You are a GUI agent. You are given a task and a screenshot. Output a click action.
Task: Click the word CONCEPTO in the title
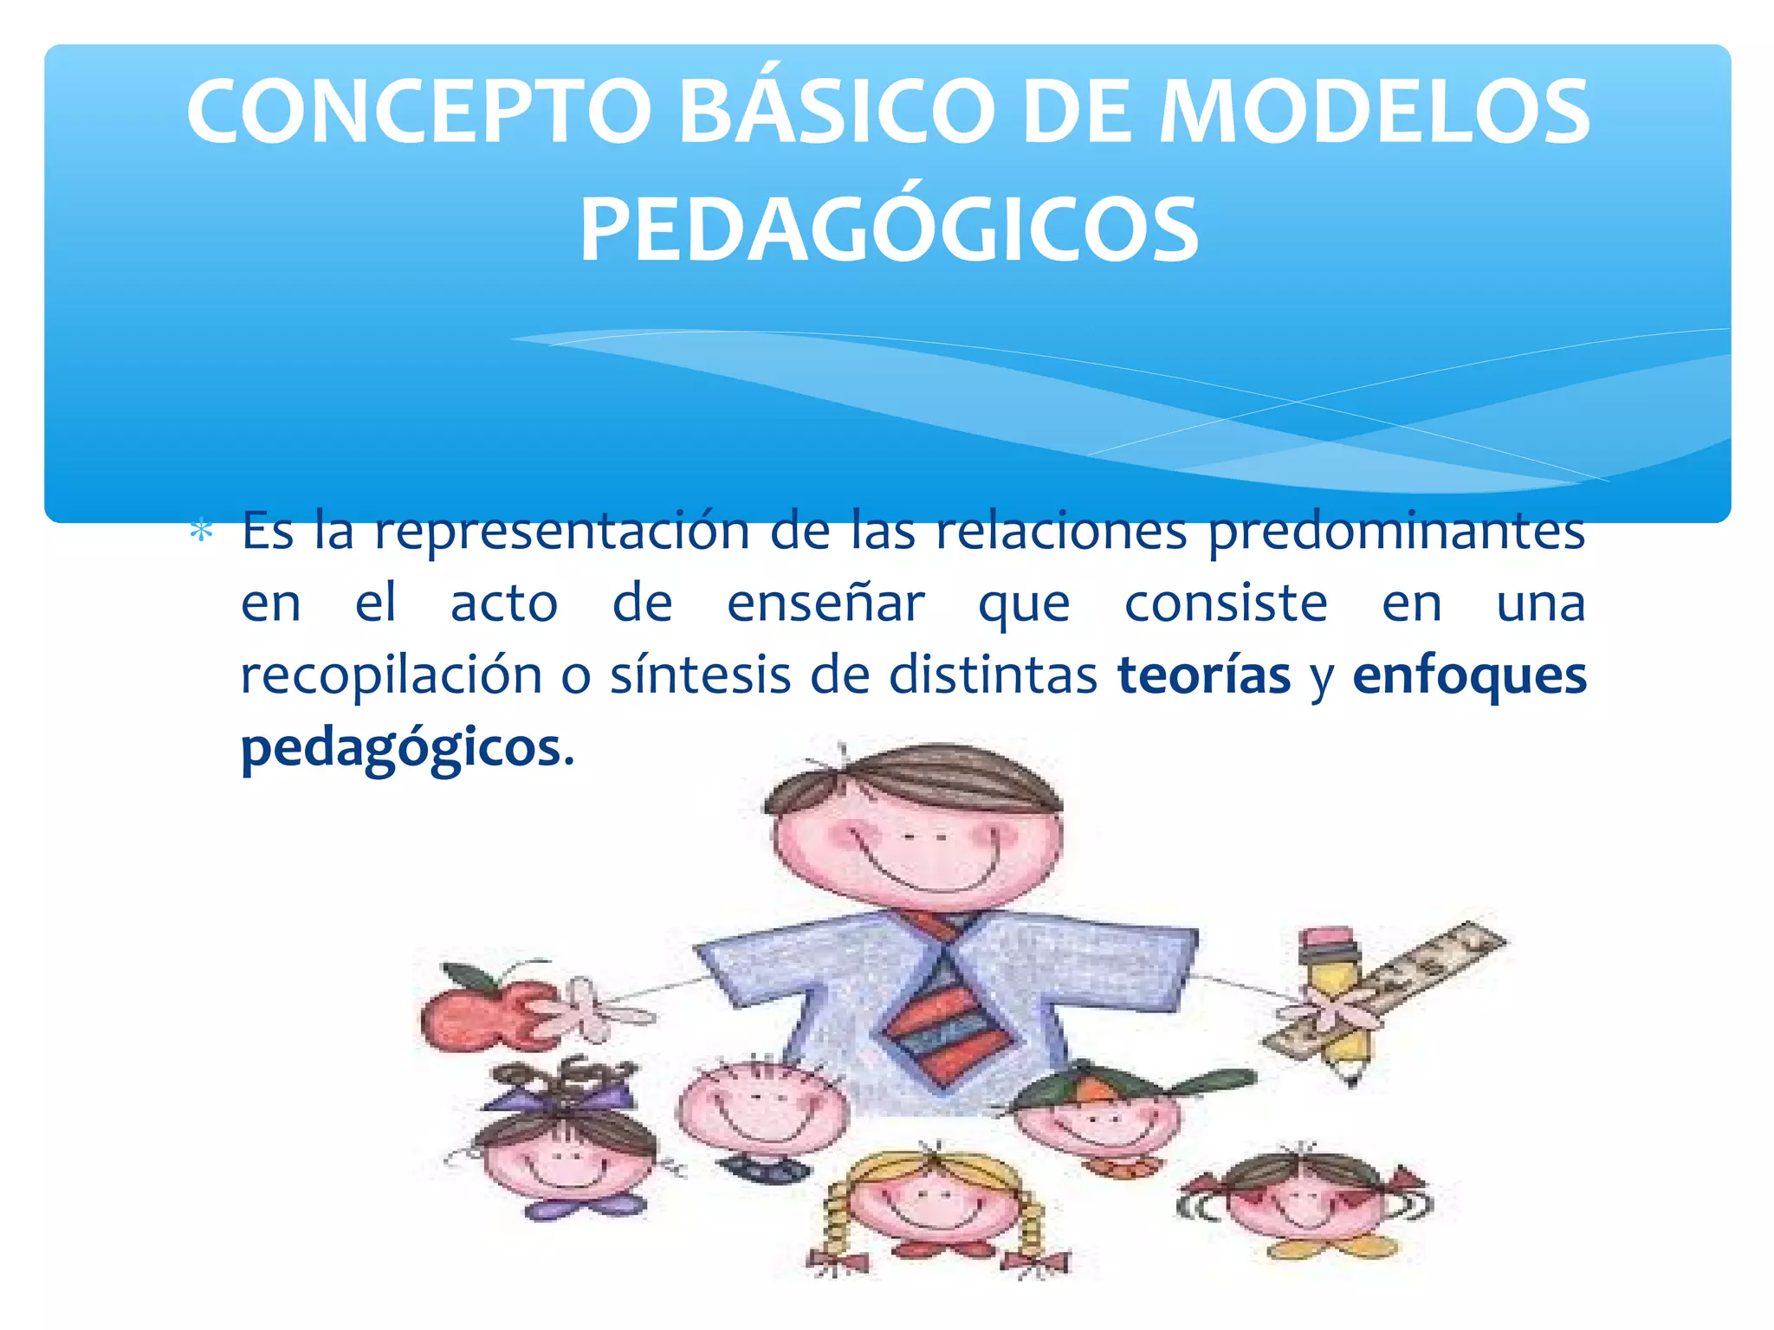point(418,113)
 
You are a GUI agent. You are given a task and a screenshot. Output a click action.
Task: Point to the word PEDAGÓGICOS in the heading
point(890,230)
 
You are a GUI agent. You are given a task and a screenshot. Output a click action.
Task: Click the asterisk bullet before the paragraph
point(201,531)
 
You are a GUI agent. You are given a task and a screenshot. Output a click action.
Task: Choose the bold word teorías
point(1204,675)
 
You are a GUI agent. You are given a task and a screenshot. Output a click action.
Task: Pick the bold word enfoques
point(1469,675)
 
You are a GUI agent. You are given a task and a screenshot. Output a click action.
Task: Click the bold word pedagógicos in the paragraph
point(401,747)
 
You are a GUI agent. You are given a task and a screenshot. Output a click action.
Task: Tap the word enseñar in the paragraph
point(825,604)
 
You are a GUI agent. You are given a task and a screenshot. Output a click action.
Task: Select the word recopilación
point(391,675)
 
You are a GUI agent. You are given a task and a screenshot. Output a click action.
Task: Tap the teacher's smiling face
point(916,844)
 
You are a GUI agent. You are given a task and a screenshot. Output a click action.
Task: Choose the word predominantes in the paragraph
point(1395,531)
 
